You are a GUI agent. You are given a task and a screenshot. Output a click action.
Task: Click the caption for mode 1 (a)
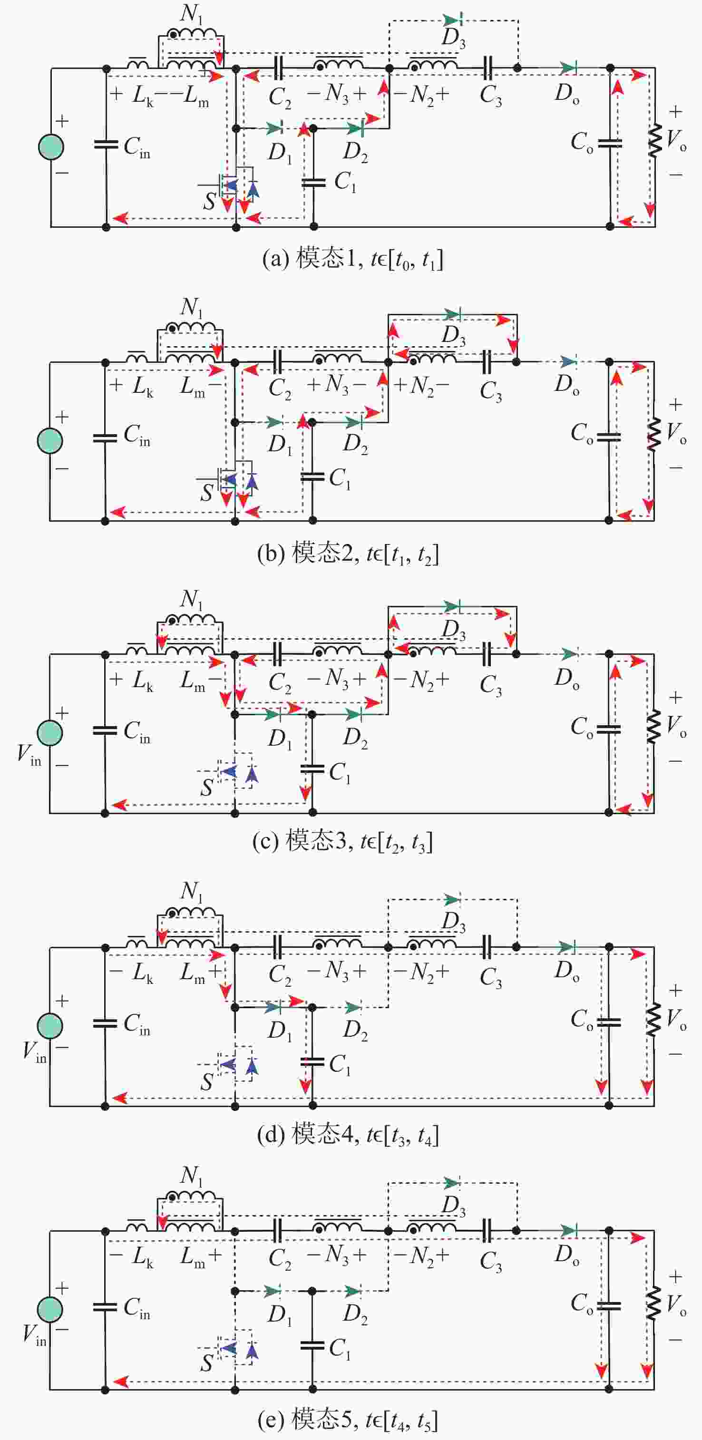353,259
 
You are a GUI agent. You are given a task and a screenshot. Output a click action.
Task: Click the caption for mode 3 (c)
342,841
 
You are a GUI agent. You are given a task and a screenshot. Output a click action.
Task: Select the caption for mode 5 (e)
348,1420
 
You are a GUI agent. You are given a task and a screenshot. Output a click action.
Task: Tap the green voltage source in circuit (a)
51,147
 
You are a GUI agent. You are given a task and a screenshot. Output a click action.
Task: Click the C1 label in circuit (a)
345,182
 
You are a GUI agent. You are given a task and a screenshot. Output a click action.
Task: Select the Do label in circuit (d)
566,971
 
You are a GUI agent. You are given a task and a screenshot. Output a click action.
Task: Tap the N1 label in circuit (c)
191,599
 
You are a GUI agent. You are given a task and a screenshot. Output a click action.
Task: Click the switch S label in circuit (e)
206,1363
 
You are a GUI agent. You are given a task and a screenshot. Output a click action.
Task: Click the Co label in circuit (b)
582,433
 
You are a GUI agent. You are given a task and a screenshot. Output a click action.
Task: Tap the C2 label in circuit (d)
280,974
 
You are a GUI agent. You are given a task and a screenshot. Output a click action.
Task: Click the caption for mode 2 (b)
348,554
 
